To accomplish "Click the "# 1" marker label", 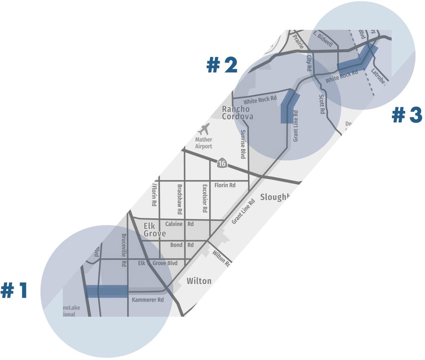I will tap(14, 291).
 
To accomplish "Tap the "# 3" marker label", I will tap(407, 115).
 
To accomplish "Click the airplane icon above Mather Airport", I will tap(205, 129).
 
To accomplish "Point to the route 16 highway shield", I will tap(221, 163).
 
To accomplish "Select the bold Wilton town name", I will tap(198, 281).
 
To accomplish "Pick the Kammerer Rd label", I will tap(148, 300).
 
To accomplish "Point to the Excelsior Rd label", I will tap(204, 199).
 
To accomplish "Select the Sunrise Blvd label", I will tap(243, 144).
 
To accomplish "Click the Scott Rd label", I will tap(322, 104).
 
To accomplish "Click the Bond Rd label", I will tap(181, 245).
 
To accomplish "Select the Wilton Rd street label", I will tap(221, 258).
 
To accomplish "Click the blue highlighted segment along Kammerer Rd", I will tap(107, 291).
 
